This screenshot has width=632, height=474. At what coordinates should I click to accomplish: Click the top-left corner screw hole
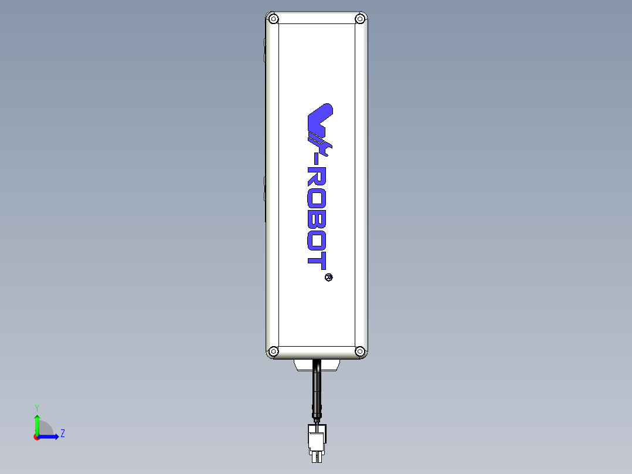pyautogui.click(x=273, y=19)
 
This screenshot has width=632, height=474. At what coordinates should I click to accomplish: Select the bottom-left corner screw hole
pyautogui.click(x=273, y=351)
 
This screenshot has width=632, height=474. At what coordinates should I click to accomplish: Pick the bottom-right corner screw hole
pyautogui.click(x=360, y=351)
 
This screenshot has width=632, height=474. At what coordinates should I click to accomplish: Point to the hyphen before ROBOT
pyautogui.click(x=317, y=158)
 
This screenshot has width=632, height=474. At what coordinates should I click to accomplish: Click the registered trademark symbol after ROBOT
pyautogui.click(x=328, y=277)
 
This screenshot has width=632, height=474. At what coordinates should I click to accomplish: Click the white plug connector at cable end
pyautogui.click(x=317, y=440)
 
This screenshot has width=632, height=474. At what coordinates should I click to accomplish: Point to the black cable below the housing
pyautogui.click(x=317, y=390)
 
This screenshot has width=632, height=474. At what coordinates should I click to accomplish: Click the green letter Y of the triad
pyautogui.click(x=37, y=407)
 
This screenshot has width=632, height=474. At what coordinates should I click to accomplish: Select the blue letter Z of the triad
pyautogui.click(x=62, y=434)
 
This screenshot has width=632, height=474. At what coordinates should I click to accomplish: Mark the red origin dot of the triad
pyautogui.click(x=37, y=437)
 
